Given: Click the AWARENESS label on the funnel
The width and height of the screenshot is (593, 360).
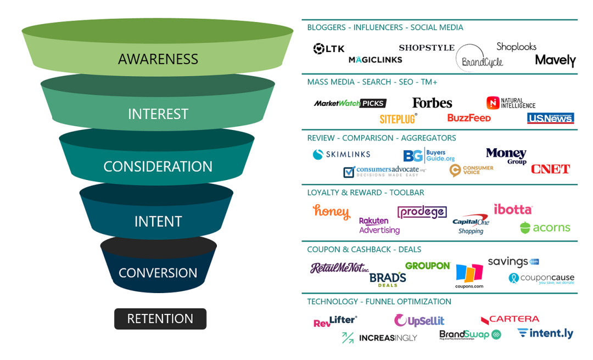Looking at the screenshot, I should point(158,59).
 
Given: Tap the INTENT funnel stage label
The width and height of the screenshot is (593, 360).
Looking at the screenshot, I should point(158,221).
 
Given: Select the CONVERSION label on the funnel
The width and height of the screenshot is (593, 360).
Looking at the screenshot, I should point(158,273).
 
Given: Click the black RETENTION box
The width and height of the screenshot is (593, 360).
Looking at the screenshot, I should point(160,319).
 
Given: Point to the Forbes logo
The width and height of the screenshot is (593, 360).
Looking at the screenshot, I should point(432,103).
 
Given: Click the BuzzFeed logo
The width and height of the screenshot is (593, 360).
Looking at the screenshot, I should point(469,118).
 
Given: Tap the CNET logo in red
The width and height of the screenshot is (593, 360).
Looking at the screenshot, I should point(550,169).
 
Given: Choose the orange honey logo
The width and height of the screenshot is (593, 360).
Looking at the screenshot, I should point(331,211).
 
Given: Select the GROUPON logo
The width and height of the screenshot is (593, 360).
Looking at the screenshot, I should point(428,266).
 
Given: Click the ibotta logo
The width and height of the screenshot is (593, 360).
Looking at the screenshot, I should point(513,209).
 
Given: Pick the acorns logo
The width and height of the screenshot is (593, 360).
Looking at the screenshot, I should point(545,228).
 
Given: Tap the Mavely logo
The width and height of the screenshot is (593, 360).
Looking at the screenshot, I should point(555,60).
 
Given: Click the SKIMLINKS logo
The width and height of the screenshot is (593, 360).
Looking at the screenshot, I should point(342,155).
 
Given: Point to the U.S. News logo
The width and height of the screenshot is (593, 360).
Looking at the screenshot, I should point(550,118).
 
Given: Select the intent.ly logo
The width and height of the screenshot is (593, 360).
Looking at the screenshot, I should point(545,333).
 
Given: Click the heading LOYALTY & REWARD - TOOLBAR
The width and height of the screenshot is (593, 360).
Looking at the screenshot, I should point(366,193).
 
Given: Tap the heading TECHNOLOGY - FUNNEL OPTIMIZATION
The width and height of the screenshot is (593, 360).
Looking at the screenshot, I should point(379,301).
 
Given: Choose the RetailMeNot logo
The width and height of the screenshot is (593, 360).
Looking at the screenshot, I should point(339,268).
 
